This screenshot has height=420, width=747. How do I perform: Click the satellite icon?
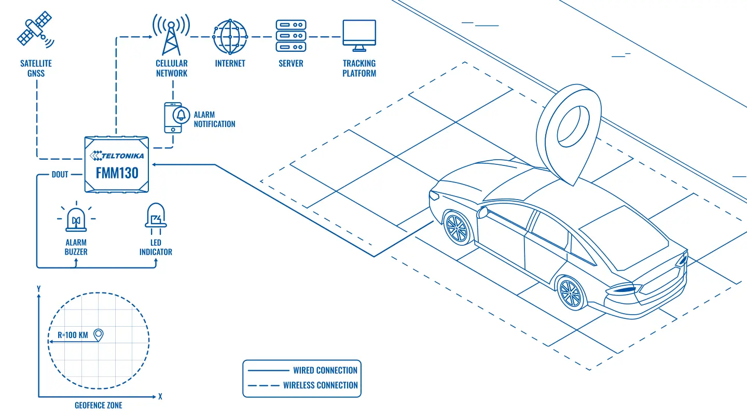point(35,30)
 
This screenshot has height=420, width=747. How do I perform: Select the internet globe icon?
point(230,37)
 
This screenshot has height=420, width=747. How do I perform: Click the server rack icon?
point(291,36)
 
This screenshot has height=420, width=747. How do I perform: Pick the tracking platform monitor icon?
point(359,36)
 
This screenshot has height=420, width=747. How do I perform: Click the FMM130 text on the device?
point(117,173)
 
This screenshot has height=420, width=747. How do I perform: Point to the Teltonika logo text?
point(117,156)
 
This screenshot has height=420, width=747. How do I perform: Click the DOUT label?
point(60,174)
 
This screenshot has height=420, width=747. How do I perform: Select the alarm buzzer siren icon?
point(76,218)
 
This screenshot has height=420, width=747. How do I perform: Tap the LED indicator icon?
point(156,219)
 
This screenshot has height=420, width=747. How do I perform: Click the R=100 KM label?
point(73,335)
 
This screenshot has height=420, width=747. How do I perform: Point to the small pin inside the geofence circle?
point(99,334)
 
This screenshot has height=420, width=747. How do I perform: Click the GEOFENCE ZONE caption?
point(99,405)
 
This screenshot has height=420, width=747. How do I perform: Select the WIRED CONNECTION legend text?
point(325,370)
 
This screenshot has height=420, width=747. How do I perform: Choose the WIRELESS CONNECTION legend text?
point(321,385)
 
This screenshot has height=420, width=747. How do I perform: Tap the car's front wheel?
point(458,228)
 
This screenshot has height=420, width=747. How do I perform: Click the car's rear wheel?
point(571,293)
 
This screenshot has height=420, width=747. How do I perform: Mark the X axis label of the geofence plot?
point(160,397)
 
